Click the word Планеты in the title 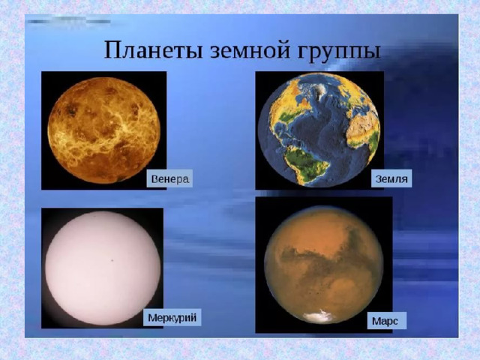153,49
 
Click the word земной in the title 250,50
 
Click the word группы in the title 339,52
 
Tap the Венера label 170,178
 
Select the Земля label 391,178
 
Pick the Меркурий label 172,317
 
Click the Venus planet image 104,130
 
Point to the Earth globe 319,130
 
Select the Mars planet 323,265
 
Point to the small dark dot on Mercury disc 112,260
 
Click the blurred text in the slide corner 68,22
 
